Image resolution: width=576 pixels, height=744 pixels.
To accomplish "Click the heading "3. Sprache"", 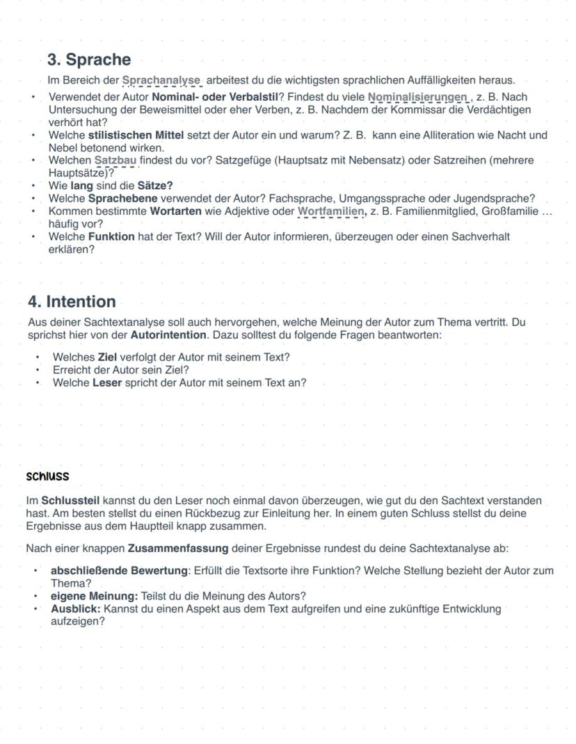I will point(89,60).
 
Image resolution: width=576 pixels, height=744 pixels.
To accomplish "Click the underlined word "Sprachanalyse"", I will point(161,81).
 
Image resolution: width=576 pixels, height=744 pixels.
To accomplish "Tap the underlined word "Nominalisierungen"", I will point(417,97).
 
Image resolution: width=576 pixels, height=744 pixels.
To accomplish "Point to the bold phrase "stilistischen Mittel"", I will point(136,135).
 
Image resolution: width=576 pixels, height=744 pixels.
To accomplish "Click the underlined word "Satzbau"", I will point(115,161).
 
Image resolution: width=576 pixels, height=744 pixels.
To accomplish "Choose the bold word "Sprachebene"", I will point(122,198).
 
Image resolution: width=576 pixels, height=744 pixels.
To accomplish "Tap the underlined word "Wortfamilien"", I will point(330,211).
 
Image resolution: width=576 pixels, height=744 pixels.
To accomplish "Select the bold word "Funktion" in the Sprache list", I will point(111,236).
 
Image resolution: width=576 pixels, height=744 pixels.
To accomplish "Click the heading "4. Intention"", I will point(72,302).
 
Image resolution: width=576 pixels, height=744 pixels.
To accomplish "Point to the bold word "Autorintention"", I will point(168,335).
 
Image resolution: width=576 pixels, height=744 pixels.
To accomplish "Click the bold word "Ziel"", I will point(107,357).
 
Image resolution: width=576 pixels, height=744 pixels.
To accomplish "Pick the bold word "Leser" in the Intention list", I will point(107,382).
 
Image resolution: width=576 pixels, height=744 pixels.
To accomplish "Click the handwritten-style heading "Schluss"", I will point(47,477).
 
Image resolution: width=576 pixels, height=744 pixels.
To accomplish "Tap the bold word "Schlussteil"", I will point(70,501).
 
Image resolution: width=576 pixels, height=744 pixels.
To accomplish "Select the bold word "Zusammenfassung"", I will point(178,549).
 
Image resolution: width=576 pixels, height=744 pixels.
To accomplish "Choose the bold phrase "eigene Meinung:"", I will point(94,596).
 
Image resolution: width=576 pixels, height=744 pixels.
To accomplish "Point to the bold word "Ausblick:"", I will point(76,608).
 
